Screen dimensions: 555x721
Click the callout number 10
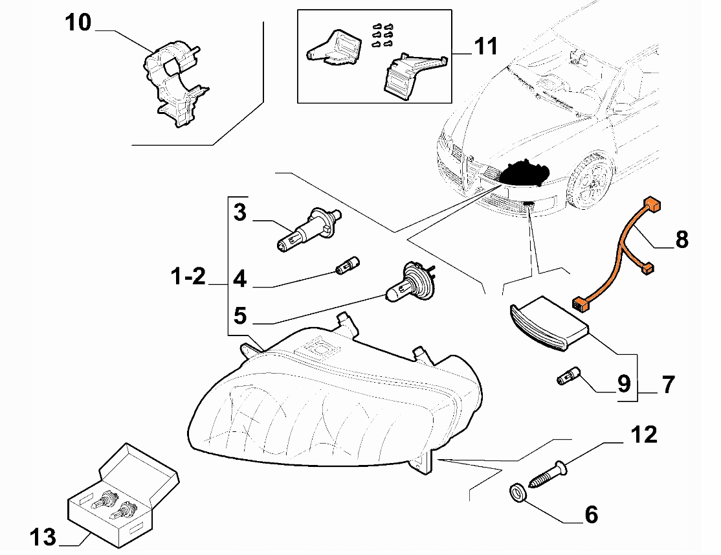click(x=78, y=23)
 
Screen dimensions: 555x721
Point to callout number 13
click(x=43, y=537)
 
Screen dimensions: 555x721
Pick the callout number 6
click(x=590, y=515)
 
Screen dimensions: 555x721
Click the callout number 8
click(x=681, y=239)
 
